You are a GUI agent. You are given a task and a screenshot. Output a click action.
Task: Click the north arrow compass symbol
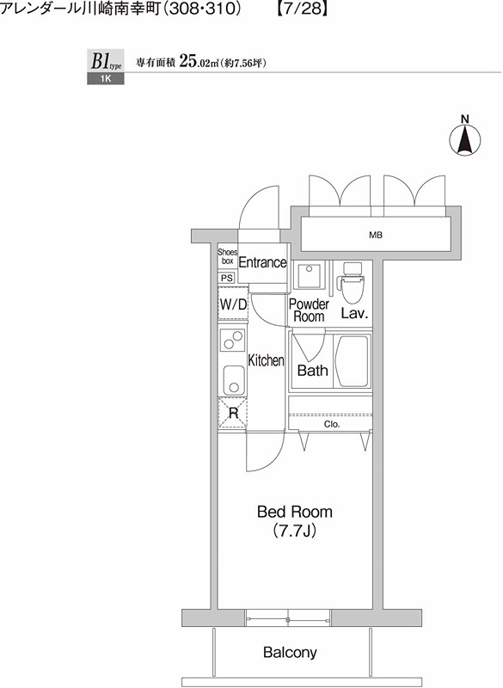(465, 140)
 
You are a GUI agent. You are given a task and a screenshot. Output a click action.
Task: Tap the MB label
(376, 235)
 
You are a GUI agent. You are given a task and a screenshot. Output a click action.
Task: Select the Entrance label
(262, 262)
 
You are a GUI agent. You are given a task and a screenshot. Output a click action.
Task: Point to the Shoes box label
(227, 256)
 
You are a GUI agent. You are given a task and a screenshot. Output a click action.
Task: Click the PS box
(227, 278)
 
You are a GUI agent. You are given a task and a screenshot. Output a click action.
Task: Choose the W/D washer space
(233, 304)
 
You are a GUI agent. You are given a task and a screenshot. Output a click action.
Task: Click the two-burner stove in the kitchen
(232, 340)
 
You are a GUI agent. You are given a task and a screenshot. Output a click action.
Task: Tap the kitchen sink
(233, 380)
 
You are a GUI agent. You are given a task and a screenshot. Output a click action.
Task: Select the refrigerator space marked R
(233, 413)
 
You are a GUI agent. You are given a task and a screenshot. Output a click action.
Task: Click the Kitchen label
(266, 360)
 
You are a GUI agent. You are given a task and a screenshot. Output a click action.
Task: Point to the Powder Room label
(309, 310)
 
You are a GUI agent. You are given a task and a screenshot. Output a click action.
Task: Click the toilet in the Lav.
(353, 283)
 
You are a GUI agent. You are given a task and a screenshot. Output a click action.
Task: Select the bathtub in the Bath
(352, 361)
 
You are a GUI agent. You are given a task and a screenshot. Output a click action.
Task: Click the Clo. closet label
(332, 424)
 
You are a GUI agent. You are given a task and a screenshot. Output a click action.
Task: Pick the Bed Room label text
(295, 512)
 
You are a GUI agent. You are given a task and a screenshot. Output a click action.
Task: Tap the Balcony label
(290, 653)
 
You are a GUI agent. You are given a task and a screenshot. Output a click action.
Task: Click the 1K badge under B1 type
(105, 79)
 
